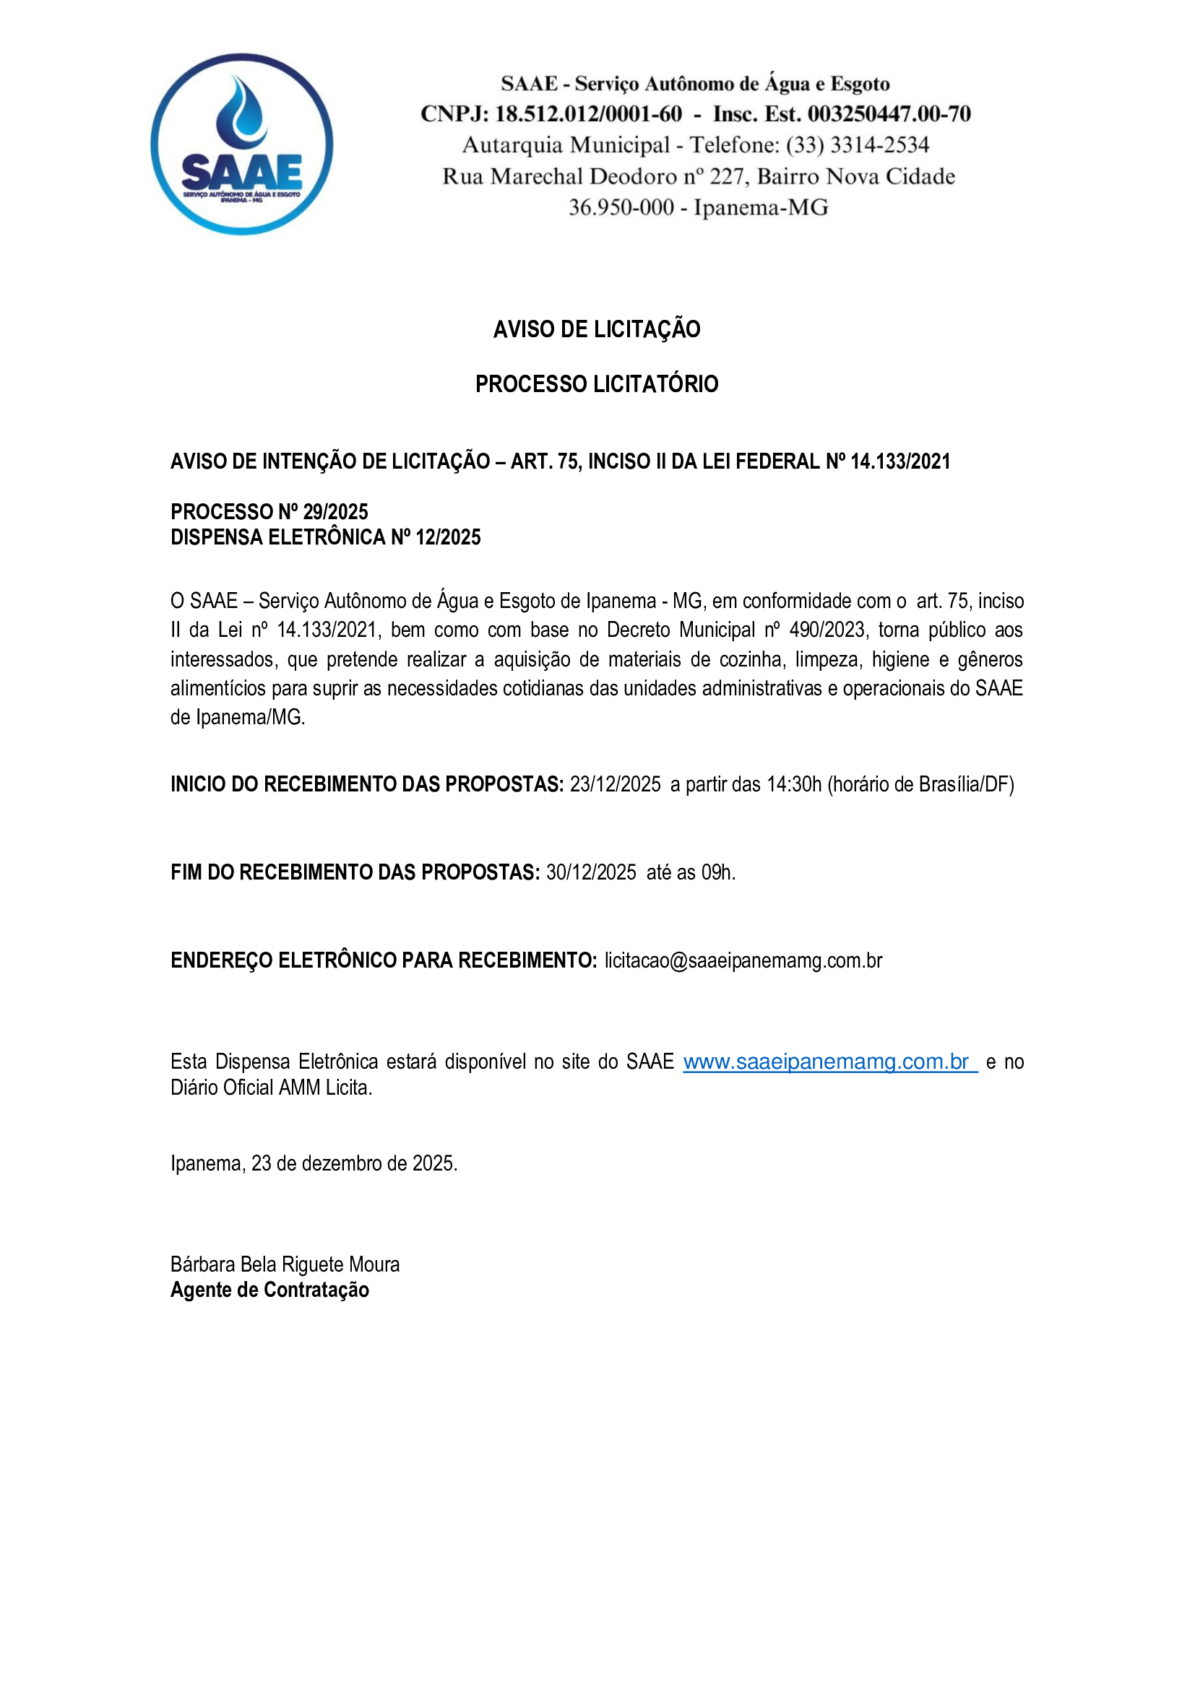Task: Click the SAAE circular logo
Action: pos(241,144)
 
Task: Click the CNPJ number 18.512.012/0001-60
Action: pos(588,114)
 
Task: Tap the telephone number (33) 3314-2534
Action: pos(858,145)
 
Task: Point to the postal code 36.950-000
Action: pos(621,207)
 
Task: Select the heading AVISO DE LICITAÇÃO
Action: pos(597,329)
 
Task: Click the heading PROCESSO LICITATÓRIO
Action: pos(597,384)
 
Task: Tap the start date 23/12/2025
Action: pos(615,784)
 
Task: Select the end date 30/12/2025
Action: pos(591,872)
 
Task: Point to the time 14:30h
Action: pos(793,784)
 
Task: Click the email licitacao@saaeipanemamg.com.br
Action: pos(743,960)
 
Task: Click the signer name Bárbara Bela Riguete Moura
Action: pos(285,1264)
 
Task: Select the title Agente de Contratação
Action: pos(270,1290)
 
